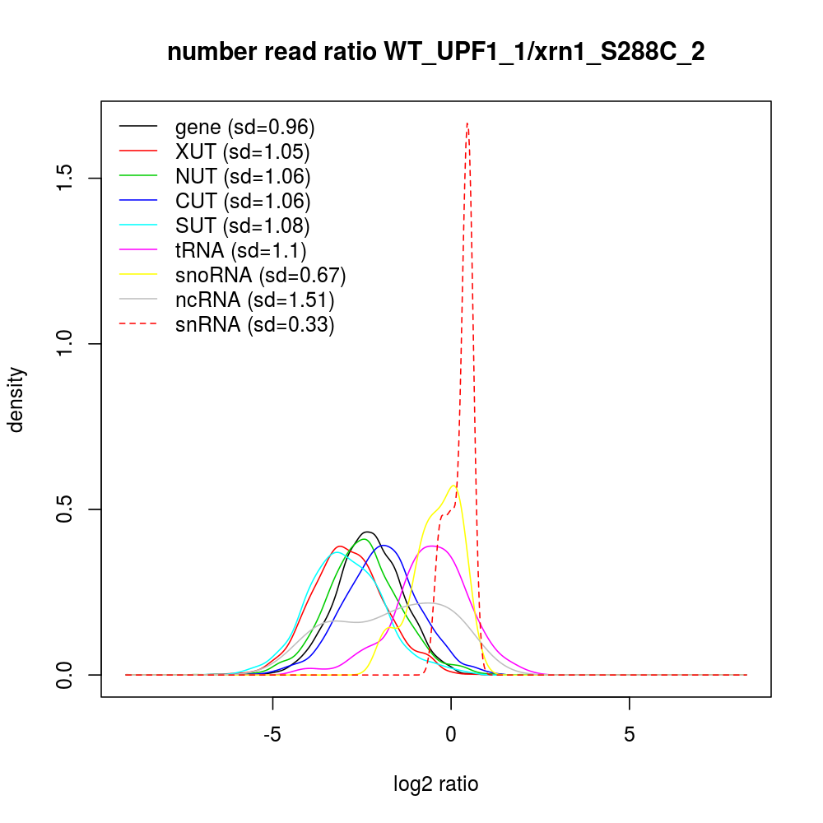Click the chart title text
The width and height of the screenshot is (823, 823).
click(435, 53)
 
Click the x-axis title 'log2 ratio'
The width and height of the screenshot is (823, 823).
click(435, 783)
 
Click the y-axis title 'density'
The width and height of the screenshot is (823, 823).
click(16, 399)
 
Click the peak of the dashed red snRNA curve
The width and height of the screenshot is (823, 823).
click(467, 123)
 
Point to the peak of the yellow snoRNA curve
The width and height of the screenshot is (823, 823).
click(453, 486)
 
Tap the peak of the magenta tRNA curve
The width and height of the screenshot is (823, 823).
click(435, 546)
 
